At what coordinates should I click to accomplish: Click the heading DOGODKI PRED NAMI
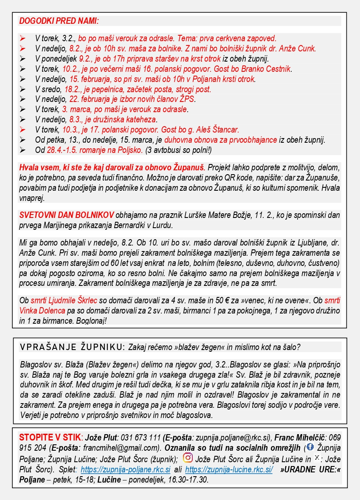59,20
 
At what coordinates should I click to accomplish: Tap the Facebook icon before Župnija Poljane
310,447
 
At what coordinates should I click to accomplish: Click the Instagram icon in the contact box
187,458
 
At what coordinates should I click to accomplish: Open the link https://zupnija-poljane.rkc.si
126,470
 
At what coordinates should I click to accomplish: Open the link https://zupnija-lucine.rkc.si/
229,470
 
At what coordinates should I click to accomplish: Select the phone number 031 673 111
141,438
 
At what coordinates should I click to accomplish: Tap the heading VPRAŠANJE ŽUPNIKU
73,347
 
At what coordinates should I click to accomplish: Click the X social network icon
317,458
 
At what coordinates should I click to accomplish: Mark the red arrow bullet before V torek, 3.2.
22,38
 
